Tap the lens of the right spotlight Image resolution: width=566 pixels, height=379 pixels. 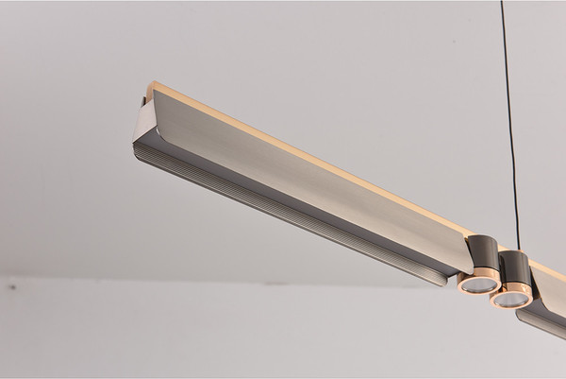tap(510, 300)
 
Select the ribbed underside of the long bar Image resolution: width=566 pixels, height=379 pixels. tap(283, 208)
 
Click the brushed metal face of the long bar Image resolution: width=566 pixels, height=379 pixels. tap(311, 180)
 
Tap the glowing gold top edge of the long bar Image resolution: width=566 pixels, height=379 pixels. tap(311, 155)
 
